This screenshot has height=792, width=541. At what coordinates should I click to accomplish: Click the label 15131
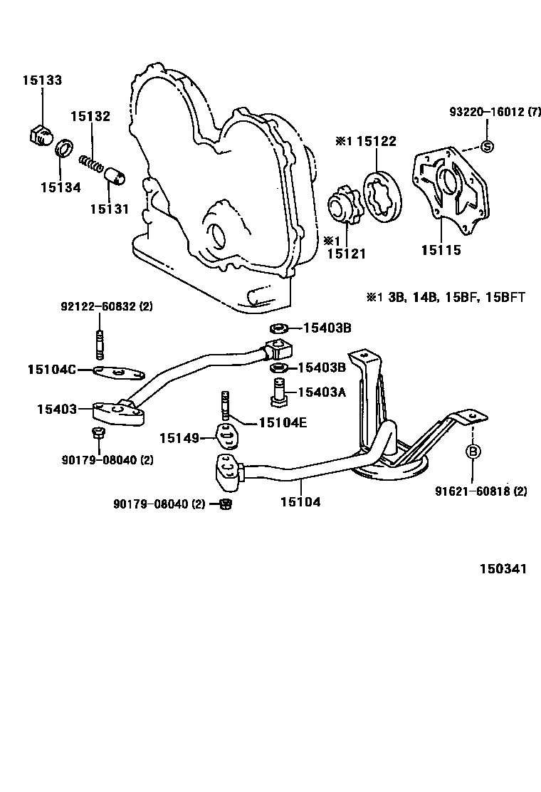tap(109, 209)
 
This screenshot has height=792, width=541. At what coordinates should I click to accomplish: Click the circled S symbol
tap(488, 147)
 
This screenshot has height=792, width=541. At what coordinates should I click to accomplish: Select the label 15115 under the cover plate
tap(441, 250)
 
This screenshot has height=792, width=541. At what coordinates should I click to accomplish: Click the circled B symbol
tap(473, 452)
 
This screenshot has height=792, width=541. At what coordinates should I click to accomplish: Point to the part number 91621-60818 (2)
tap(481, 491)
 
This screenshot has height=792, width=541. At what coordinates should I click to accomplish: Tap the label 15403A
tap(322, 392)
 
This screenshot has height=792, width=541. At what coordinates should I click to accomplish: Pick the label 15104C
tap(52, 369)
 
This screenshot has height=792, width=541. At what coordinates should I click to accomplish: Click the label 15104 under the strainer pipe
tap(300, 502)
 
